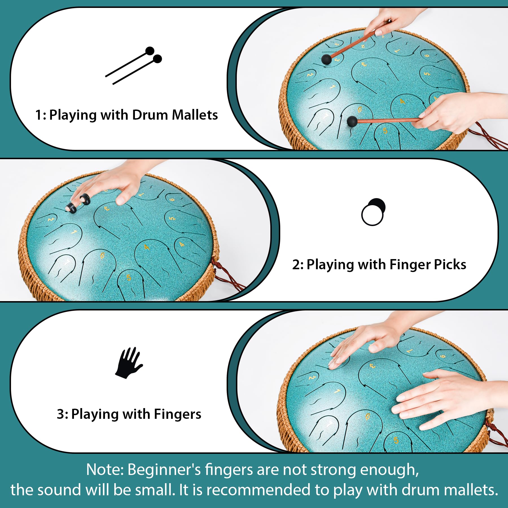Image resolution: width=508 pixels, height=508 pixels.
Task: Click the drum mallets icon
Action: [133, 65]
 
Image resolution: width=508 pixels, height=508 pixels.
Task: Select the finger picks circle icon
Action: [373, 212]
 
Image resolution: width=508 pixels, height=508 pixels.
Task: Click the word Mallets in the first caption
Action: [195, 115]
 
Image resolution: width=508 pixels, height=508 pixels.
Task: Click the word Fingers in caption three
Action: [178, 414]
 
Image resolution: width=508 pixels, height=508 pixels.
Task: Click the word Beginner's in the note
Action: [164, 470]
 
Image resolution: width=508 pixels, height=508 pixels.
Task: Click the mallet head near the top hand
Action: [327, 60]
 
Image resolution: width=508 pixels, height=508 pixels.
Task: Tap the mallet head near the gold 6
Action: [352, 121]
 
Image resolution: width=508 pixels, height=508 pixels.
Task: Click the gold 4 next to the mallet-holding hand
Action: [402, 101]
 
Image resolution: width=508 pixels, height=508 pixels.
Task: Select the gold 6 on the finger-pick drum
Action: [102, 255]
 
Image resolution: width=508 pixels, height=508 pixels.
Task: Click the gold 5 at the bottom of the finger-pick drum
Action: [129, 278]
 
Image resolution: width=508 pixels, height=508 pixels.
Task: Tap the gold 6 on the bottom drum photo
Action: [367, 417]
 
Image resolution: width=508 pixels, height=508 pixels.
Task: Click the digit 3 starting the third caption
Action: [60, 414]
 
